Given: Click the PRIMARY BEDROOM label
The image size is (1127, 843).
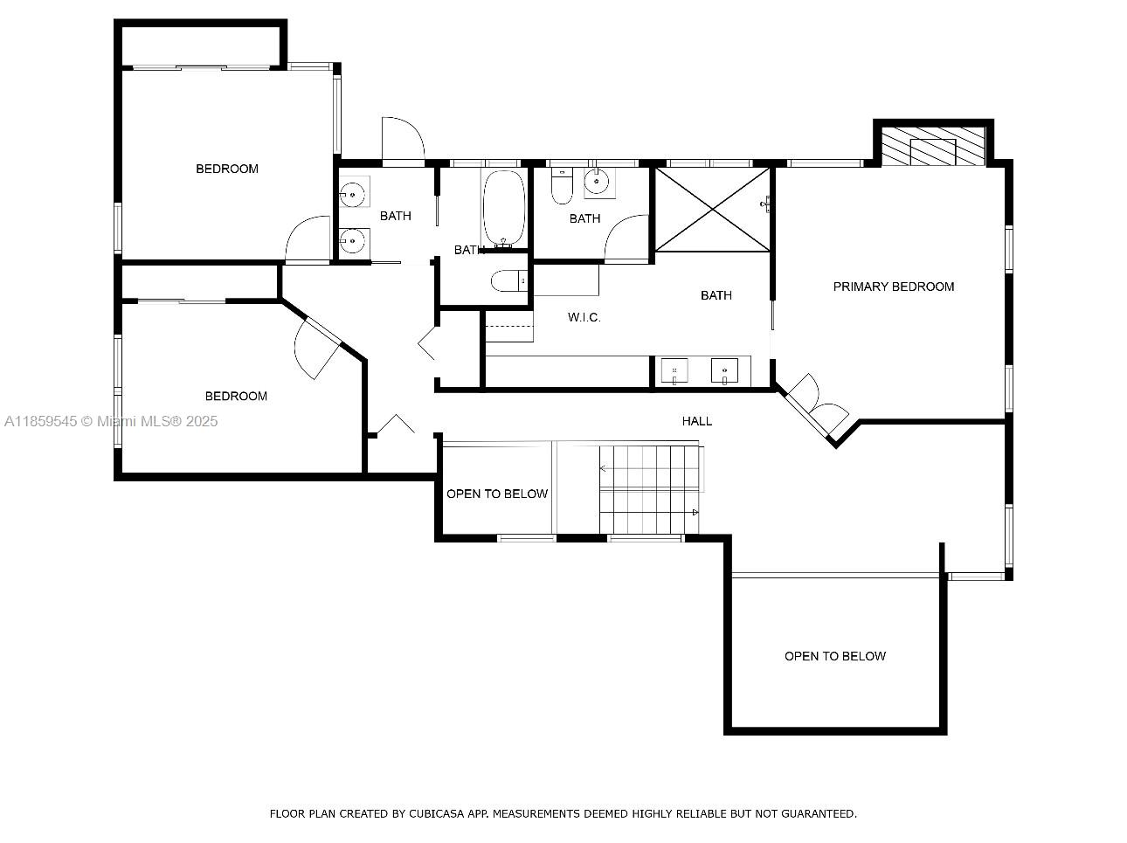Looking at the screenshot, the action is (x=893, y=287).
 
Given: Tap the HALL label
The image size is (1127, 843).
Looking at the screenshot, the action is (x=697, y=421).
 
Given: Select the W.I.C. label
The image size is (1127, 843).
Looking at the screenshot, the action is (x=584, y=317).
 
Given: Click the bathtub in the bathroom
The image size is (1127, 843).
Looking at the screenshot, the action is (x=504, y=208).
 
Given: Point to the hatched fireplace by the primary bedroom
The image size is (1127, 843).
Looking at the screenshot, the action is (x=933, y=146).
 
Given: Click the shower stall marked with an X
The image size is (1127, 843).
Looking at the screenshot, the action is (x=713, y=210).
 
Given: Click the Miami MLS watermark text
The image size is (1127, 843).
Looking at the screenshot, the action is (x=111, y=421).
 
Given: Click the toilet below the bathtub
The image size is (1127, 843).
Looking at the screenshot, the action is (x=508, y=280).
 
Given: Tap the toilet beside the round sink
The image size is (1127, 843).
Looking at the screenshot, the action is (x=562, y=186).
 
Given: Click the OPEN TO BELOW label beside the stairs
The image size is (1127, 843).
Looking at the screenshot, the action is (x=497, y=494).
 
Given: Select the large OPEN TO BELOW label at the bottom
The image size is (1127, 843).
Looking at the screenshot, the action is (x=835, y=656).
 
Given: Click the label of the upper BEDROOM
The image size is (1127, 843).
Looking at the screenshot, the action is (x=227, y=169).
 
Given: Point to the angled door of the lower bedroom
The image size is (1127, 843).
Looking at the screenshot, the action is (x=317, y=347).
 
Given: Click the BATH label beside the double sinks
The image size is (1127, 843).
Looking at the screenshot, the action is (x=396, y=216).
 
